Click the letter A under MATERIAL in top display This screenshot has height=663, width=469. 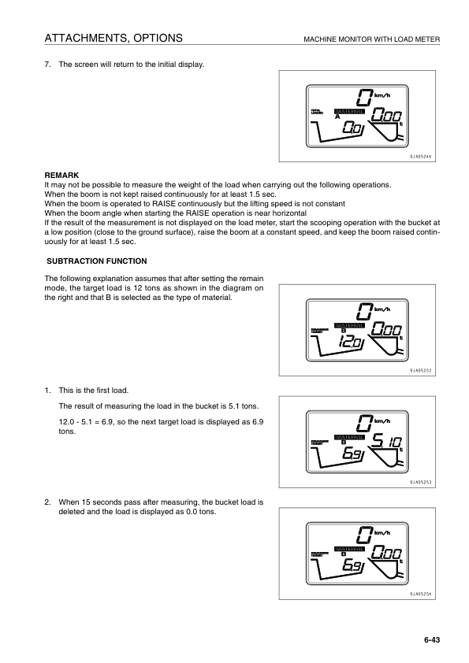[337, 118]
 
